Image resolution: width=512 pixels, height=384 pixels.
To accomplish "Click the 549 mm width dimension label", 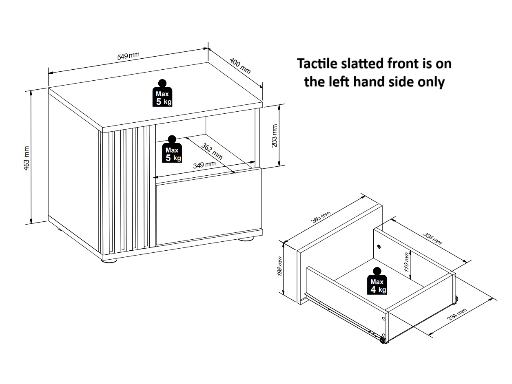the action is (128, 56).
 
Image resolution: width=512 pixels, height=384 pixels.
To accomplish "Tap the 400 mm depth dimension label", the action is (240, 66).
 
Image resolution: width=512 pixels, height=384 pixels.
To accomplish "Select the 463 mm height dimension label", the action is (27, 158).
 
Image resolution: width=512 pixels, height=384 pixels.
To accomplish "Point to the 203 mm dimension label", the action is (274, 136).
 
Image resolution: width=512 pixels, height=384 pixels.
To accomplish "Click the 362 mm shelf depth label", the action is (212, 151).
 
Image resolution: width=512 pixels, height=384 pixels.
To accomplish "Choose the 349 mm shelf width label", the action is (204, 165).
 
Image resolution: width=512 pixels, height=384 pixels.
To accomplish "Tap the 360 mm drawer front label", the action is (321, 217).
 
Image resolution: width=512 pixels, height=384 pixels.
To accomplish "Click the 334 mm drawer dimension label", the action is (432, 238).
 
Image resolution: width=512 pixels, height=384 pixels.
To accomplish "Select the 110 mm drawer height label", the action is (406, 262).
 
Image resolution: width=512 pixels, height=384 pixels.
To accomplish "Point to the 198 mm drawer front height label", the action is (279, 266).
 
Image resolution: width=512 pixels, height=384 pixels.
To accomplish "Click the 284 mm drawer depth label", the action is (457, 314).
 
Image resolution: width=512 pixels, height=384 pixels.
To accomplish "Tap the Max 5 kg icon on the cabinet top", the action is (162, 93).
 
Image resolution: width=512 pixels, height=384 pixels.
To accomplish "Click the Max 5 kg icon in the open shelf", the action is (172, 149).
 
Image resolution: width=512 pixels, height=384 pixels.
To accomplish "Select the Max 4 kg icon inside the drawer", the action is (377, 281).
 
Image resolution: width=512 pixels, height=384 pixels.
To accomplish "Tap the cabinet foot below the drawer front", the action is (246, 239).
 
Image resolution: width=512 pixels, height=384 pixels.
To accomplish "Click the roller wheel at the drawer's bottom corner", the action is (382, 340).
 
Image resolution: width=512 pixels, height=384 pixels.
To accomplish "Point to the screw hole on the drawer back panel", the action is (379, 246).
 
